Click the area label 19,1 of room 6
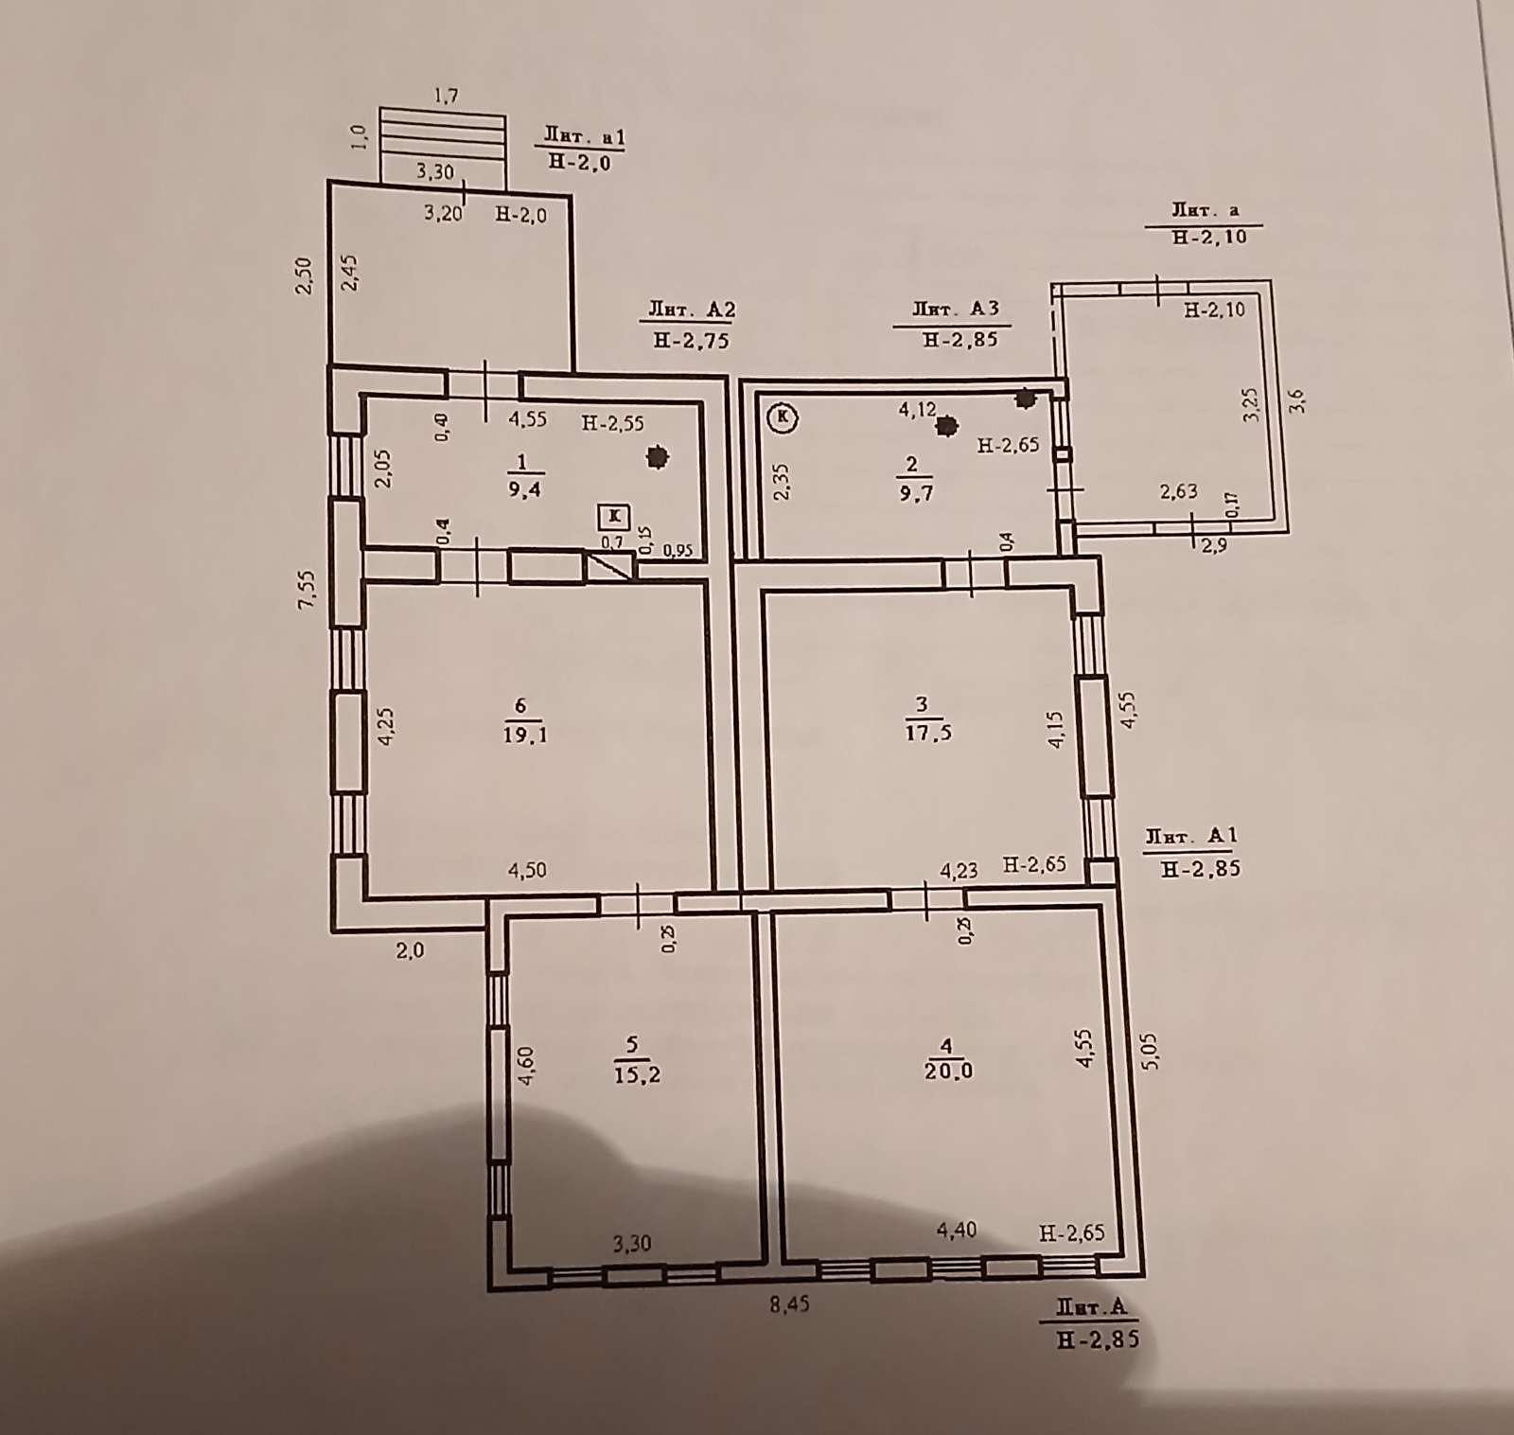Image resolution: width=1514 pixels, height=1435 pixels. coord(524,735)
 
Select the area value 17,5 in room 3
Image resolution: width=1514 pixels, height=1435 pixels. coord(928,732)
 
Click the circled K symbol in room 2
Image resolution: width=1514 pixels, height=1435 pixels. coord(783,416)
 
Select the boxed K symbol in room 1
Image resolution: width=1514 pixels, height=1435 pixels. coord(614,516)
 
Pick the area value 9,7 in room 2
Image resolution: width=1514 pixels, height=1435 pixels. coord(912,492)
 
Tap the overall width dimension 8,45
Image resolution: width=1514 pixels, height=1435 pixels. coord(789,1304)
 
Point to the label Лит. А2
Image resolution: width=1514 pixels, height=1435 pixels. coord(692,310)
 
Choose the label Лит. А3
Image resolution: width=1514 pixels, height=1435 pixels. coord(956,308)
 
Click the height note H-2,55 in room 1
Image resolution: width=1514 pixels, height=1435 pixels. coord(613,424)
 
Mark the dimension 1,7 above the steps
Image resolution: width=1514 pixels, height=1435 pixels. coord(446,95)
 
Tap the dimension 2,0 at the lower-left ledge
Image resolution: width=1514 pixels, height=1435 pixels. coord(410,950)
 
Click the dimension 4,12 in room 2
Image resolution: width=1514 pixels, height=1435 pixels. coord(917,410)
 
